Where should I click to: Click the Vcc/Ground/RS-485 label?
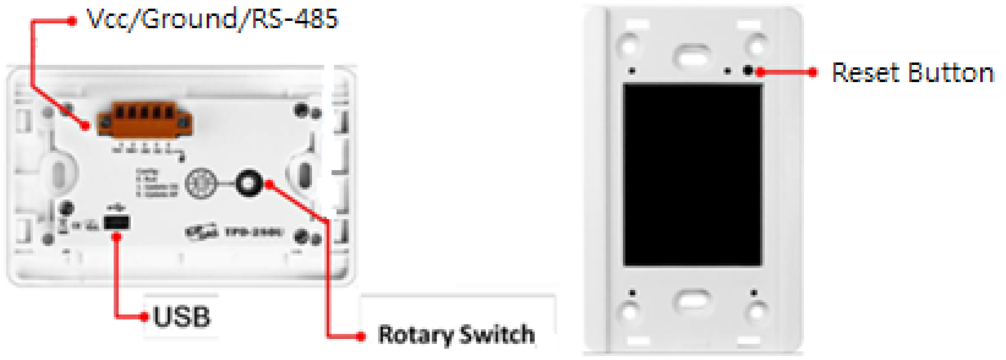(212, 19)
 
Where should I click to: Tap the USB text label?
(181, 316)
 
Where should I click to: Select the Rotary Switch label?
(457, 335)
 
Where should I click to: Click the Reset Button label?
(913, 73)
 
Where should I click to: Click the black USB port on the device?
(117, 223)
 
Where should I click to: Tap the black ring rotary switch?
(248, 183)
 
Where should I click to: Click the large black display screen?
(692, 175)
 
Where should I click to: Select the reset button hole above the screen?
(748, 71)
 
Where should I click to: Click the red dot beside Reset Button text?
(813, 72)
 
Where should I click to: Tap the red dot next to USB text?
(144, 316)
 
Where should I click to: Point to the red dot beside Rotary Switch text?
(361, 336)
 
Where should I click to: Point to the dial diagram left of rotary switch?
(201, 183)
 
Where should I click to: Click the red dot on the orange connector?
(85, 126)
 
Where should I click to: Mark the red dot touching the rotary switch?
(270, 184)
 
